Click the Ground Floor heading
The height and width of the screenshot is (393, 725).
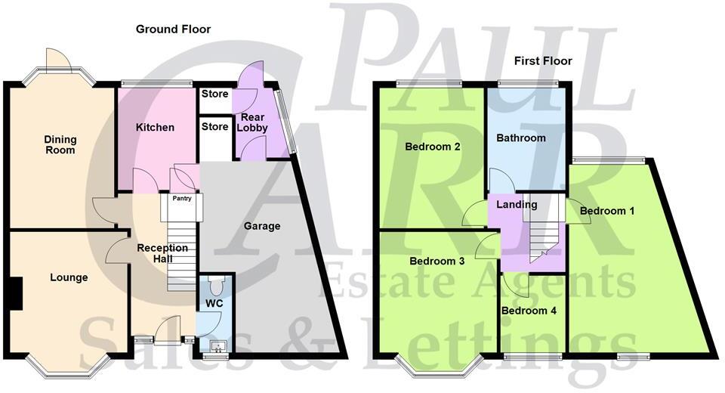[173, 29]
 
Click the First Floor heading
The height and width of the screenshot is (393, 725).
[543, 60]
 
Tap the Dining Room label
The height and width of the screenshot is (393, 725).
[60, 144]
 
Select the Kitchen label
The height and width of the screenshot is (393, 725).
[155, 127]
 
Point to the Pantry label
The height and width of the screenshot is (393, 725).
[182, 199]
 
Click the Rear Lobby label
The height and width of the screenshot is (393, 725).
[253, 122]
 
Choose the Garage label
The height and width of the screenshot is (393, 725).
[262, 226]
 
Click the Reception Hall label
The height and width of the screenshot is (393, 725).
[162, 253]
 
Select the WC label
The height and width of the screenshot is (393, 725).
[215, 304]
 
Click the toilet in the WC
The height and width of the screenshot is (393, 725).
[216, 286]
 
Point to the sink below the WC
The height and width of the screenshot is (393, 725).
[217, 348]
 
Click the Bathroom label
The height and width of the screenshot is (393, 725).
[520, 138]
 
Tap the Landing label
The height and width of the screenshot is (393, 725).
[517, 205]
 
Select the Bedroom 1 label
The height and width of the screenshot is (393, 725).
[607, 211]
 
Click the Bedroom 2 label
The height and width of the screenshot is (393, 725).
[433, 147]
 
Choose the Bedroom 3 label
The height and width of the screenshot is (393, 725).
[437, 261]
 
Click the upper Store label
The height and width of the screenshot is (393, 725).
[214, 95]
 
